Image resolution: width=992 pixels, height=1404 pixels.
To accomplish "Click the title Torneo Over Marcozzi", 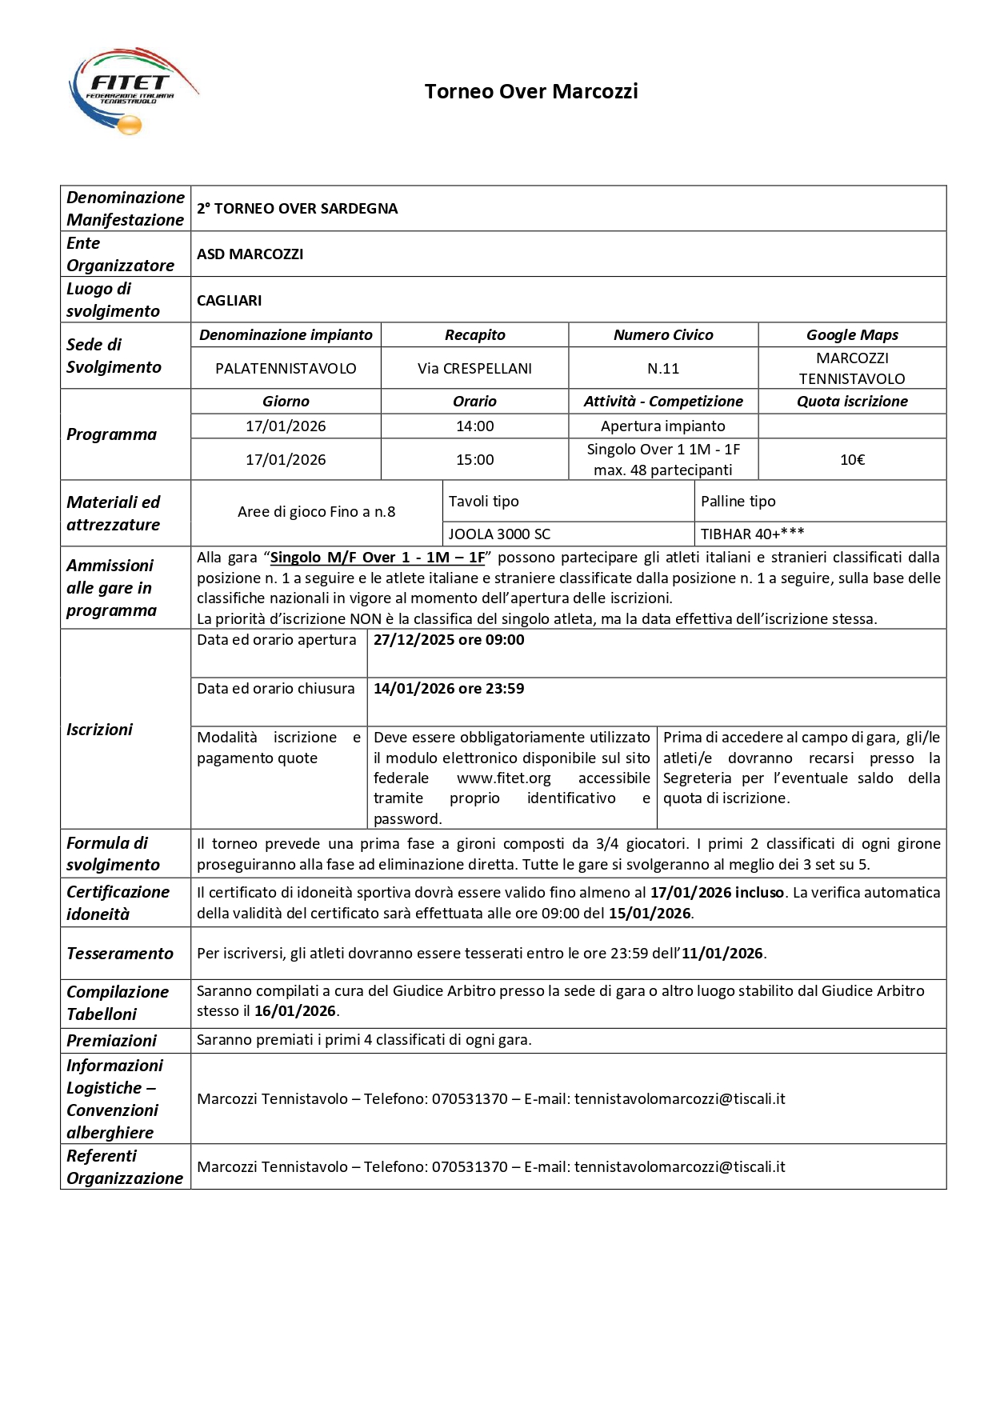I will [531, 92].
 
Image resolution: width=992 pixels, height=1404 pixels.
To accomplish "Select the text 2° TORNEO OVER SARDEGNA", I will [297, 209].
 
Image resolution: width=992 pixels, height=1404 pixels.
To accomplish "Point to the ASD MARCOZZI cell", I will [250, 254].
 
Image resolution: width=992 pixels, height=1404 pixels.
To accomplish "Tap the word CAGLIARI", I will [229, 301].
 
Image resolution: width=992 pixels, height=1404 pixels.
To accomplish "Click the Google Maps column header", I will [852, 335].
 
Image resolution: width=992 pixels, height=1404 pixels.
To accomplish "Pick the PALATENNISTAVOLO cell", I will [286, 369].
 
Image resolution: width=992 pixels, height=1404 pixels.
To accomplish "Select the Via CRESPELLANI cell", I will [474, 369].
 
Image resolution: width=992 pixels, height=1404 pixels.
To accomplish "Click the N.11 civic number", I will [663, 369].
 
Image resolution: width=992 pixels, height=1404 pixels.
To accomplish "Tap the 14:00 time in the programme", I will [474, 426].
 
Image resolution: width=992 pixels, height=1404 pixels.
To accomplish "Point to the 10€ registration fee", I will [852, 460].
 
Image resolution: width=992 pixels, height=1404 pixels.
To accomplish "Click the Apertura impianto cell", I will [663, 426].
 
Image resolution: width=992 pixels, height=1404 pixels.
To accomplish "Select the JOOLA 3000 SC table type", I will [499, 534].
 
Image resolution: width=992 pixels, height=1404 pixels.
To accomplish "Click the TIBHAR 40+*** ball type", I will [752, 534].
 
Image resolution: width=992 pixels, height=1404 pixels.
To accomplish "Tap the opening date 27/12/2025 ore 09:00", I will [449, 640].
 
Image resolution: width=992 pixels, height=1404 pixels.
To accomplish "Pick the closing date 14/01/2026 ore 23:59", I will [449, 689].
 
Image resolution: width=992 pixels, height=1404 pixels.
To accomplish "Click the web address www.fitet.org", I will [504, 778].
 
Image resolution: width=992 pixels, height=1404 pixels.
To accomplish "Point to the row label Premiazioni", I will [111, 1041].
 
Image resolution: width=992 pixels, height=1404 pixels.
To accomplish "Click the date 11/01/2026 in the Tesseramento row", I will [723, 954].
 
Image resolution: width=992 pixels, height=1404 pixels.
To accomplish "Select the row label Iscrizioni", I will [99, 730].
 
